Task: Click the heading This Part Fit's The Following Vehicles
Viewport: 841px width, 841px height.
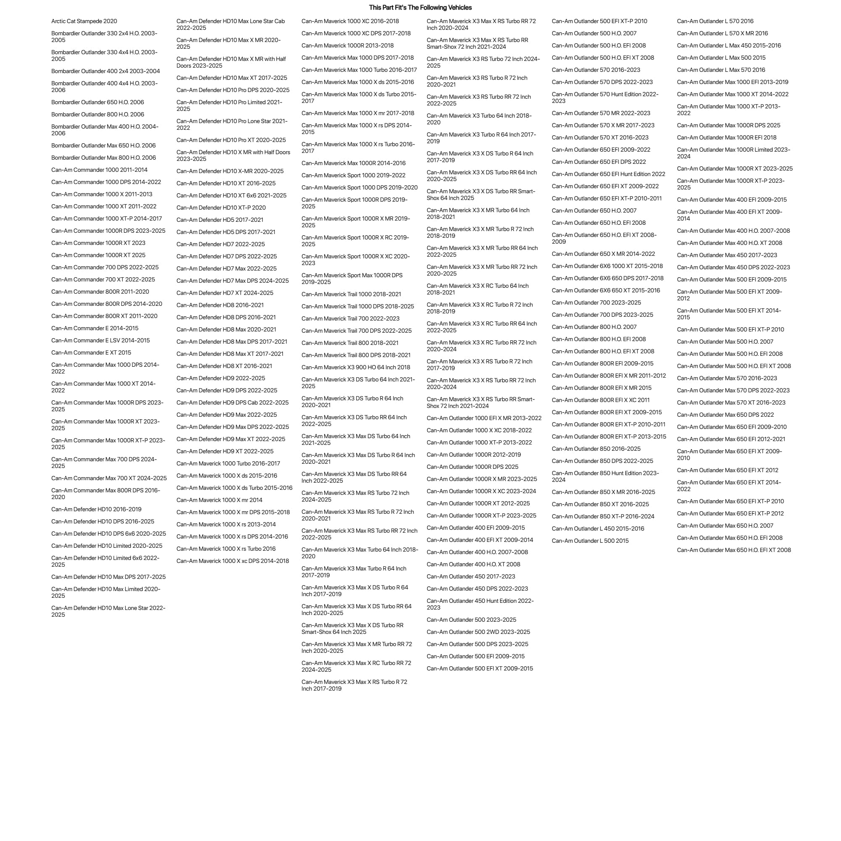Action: click(420, 8)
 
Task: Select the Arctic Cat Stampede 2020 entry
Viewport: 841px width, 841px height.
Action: click(84, 21)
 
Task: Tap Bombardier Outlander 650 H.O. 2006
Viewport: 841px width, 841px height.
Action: click(97, 102)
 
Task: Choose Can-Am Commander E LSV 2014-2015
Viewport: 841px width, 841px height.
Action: click(100, 340)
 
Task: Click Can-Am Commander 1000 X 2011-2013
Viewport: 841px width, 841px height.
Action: click(102, 194)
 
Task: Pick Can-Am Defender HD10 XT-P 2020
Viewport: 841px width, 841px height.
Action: click(221, 208)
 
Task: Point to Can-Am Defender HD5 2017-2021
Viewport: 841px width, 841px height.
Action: click(220, 220)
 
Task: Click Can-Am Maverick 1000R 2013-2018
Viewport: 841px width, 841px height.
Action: click(347, 45)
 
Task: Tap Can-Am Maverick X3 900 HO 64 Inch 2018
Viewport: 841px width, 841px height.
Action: click(356, 368)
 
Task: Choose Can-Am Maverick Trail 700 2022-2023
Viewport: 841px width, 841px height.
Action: click(350, 319)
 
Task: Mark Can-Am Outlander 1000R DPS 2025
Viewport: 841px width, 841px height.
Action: click(472, 467)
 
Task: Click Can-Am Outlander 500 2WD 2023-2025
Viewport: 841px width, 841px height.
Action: click(478, 632)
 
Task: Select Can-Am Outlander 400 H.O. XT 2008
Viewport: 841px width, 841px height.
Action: click(473, 564)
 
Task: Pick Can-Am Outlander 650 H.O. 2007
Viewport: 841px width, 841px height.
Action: click(594, 211)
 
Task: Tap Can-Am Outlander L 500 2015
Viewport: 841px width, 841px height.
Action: click(590, 541)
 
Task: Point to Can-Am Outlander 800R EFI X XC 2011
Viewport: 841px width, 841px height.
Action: click(601, 400)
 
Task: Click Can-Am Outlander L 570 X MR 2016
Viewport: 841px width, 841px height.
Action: click(723, 33)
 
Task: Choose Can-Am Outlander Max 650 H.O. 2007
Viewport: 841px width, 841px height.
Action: click(725, 526)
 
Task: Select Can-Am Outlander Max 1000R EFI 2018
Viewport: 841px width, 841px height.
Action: click(726, 137)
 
